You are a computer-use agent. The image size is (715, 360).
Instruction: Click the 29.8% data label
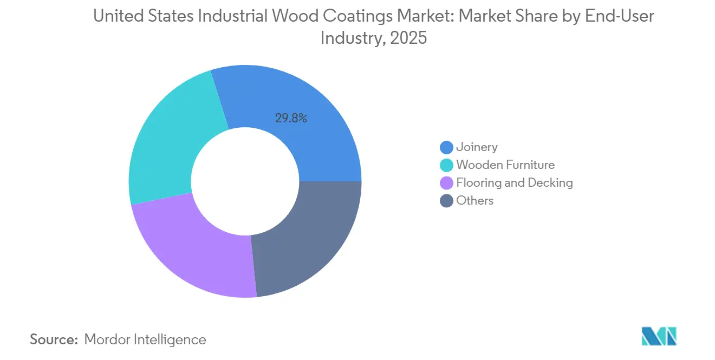291,118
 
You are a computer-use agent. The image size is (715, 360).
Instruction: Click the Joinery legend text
477,147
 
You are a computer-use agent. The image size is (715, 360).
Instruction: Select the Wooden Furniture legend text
505,165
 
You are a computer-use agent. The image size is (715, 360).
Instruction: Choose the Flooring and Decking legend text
514,182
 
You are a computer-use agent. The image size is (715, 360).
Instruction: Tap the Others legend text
474,200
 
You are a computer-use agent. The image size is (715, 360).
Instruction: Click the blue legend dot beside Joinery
446,147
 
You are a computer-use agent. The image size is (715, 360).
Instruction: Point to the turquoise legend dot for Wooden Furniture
446,165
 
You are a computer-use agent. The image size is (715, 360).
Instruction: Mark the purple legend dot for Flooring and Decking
446,183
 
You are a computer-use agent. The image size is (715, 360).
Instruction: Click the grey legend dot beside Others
446,201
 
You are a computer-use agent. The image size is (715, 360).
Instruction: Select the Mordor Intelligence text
145,339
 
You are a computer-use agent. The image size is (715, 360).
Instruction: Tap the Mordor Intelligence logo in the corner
659,336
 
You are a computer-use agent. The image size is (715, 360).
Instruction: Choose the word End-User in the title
620,16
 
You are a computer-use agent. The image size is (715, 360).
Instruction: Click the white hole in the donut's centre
245,181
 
